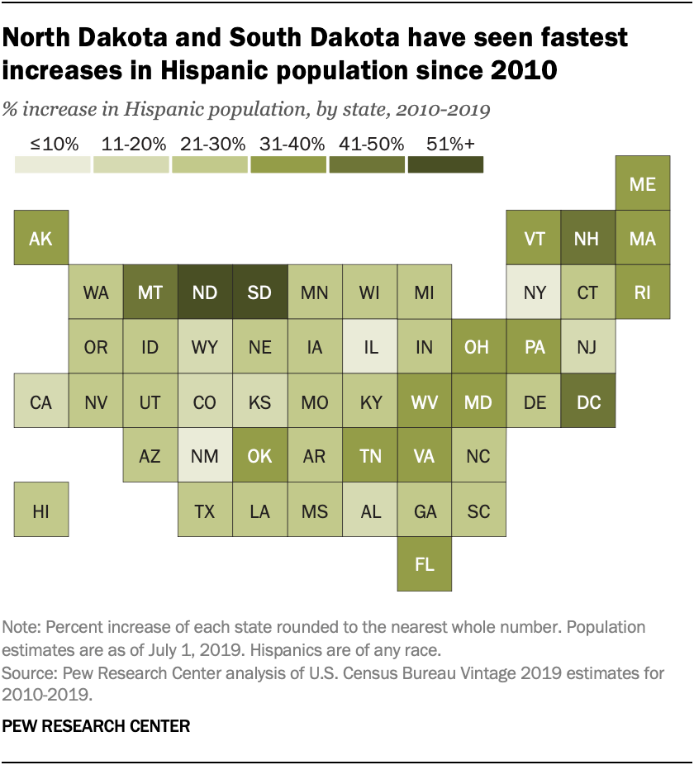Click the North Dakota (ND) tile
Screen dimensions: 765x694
pyautogui.click(x=205, y=292)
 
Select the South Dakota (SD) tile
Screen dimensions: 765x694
pyautogui.click(x=259, y=292)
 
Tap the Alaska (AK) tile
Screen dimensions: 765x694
pyautogui.click(x=40, y=238)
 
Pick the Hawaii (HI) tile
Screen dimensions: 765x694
pyautogui.click(x=40, y=511)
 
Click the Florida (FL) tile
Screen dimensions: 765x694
pyautogui.click(x=424, y=565)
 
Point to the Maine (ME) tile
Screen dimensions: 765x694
pyautogui.click(x=643, y=183)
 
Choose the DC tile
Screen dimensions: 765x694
pyautogui.click(x=588, y=402)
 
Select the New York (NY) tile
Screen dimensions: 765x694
pyautogui.click(x=534, y=292)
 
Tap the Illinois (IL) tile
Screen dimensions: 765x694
pyautogui.click(x=370, y=347)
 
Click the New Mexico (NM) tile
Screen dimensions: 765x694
pyautogui.click(x=205, y=456)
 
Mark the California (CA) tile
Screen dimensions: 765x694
pyautogui.click(x=40, y=402)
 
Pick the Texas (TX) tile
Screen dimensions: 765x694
pyautogui.click(x=205, y=511)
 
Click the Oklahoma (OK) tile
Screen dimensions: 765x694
pyautogui.click(x=259, y=456)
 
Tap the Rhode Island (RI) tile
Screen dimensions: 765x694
pyautogui.click(x=643, y=292)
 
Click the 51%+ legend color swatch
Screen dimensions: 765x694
pyautogui.click(x=445, y=165)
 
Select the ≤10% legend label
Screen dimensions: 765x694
pyautogui.click(x=54, y=144)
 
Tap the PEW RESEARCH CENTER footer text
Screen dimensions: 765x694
pyautogui.click(x=96, y=726)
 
